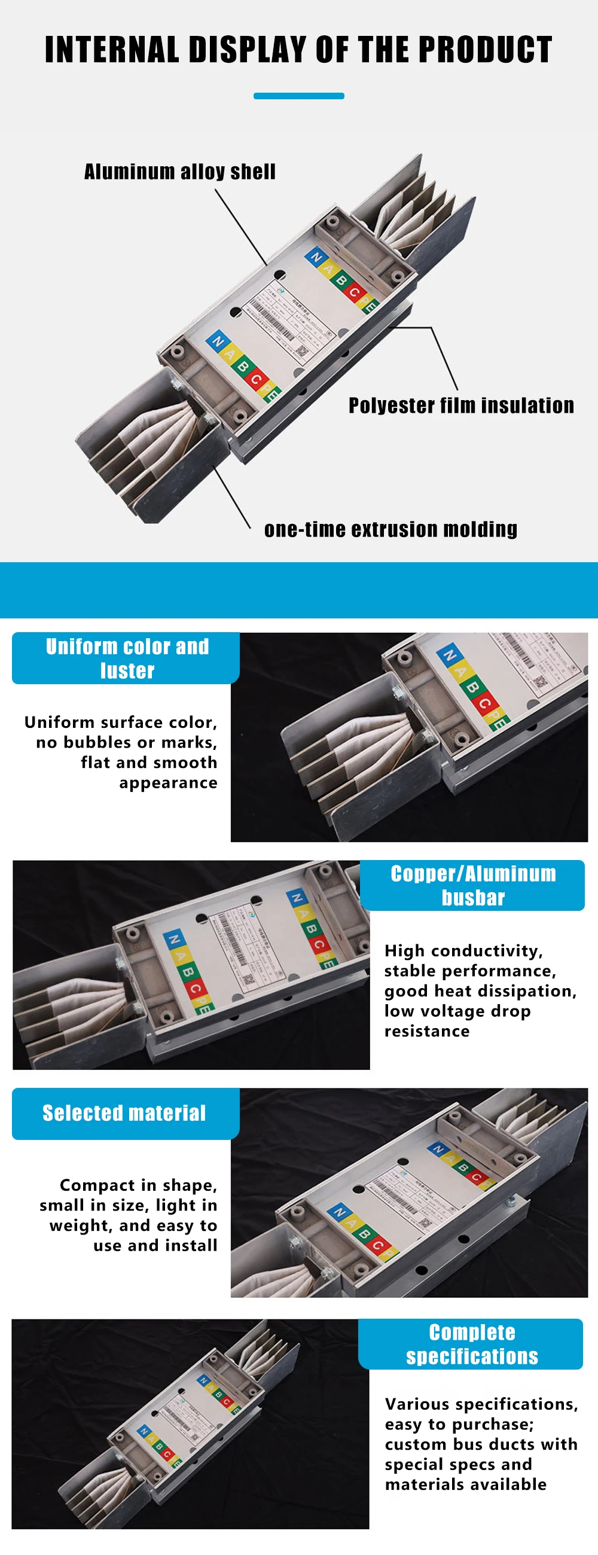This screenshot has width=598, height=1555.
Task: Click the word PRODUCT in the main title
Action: click(485, 50)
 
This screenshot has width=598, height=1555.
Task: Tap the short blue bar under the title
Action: click(298, 96)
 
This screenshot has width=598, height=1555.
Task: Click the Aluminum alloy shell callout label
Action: click(180, 172)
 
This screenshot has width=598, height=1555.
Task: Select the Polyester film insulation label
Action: click(461, 405)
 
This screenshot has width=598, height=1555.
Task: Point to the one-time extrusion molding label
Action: click(390, 529)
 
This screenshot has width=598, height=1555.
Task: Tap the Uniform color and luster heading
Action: click(127, 658)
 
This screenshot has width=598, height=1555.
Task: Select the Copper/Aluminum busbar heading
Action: click(473, 885)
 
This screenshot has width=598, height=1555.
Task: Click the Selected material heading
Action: click(124, 1112)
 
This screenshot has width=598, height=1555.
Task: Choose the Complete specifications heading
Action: click(472, 1344)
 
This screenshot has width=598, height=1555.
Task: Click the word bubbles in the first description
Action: click(91, 742)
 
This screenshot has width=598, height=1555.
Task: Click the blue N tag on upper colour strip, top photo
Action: click(315, 257)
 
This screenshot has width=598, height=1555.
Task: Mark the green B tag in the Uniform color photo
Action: click(472, 687)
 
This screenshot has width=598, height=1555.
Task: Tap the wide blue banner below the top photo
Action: click(298, 590)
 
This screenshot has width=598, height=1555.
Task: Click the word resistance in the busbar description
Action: click(426, 1031)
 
